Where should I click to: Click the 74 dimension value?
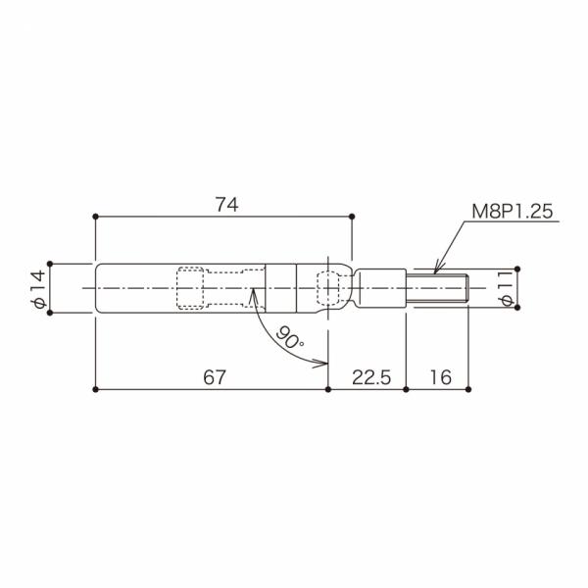coord(227,205)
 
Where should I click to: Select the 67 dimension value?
coord(215,377)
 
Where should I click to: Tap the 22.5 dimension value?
coord(371,377)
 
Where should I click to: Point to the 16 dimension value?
coord(441,377)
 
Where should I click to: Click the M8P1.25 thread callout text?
coord(513,212)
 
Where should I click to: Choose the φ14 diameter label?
coord(38,289)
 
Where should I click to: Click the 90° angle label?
coord(289,337)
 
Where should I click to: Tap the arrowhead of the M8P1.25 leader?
coord(436,270)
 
